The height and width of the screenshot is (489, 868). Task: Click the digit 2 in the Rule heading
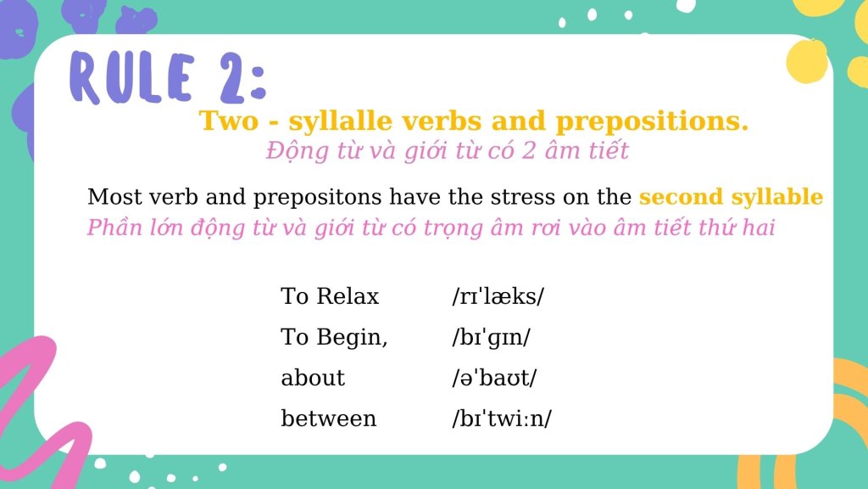click(231, 78)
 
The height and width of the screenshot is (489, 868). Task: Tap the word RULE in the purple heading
click(131, 78)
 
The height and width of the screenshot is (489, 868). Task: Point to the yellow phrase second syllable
click(731, 197)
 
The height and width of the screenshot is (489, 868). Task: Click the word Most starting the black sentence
click(114, 197)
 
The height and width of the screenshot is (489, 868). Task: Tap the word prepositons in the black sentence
click(317, 198)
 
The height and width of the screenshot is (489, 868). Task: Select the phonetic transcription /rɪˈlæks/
click(498, 296)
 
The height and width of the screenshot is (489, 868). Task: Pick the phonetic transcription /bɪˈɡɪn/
click(491, 337)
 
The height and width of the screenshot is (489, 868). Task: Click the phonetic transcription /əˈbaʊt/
click(494, 378)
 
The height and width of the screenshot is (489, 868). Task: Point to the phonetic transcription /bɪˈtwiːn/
click(502, 419)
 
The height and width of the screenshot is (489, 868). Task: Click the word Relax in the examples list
click(348, 296)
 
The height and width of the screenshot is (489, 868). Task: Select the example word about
click(313, 378)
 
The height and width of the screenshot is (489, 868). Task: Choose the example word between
click(329, 418)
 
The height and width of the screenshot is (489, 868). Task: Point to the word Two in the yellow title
click(229, 121)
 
